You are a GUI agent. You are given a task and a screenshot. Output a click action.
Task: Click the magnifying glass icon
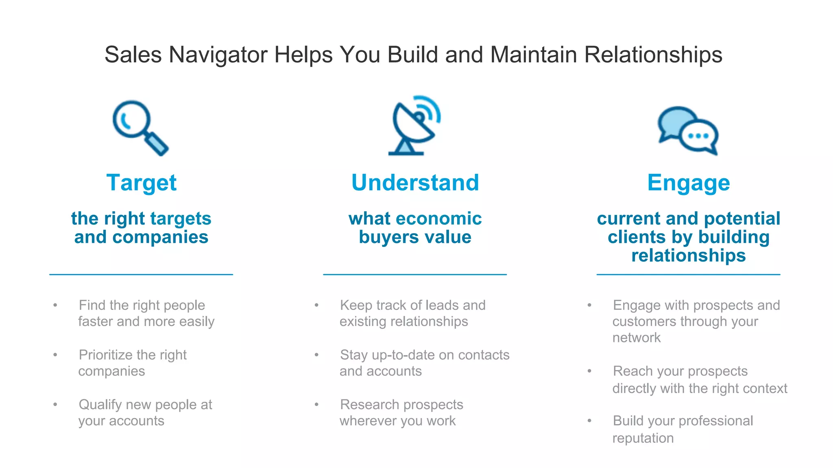tap(140, 128)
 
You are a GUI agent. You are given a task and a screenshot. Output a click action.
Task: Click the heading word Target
tap(141, 183)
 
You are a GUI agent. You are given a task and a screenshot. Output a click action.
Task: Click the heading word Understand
tap(415, 183)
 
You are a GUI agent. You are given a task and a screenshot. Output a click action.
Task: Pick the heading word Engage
tap(688, 183)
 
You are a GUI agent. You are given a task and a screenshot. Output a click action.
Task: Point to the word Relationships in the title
tap(653, 54)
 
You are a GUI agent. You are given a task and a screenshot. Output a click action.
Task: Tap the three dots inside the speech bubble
tap(698, 136)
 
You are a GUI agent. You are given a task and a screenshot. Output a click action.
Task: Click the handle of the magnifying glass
tap(157, 144)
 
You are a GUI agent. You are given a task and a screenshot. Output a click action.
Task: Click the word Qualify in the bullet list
tap(100, 405)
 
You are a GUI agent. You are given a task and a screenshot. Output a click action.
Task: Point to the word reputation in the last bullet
tap(643, 438)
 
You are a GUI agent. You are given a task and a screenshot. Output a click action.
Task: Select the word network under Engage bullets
tap(636, 338)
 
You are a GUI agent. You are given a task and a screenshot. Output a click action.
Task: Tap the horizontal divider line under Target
tap(141, 275)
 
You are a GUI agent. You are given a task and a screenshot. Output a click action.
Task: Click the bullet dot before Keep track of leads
tap(316, 305)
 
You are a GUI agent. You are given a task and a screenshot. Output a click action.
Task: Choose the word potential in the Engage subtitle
tap(742, 219)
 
